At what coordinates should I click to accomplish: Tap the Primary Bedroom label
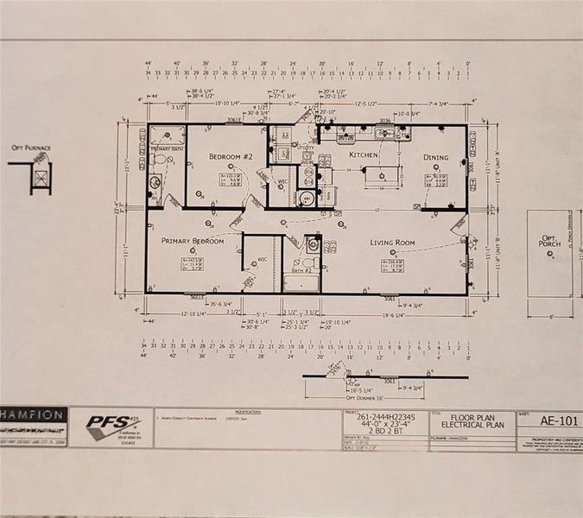tap(194, 241)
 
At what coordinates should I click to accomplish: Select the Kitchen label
tap(364, 155)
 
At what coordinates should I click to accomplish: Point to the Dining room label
tap(435, 157)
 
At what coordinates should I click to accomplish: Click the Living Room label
tap(393, 243)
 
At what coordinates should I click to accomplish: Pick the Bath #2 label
tap(301, 270)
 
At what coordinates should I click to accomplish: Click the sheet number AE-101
tap(548, 421)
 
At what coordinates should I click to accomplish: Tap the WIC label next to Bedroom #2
tap(282, 182)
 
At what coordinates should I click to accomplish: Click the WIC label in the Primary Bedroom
tap(262, 259)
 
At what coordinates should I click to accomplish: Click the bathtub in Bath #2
tap(301, 282)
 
